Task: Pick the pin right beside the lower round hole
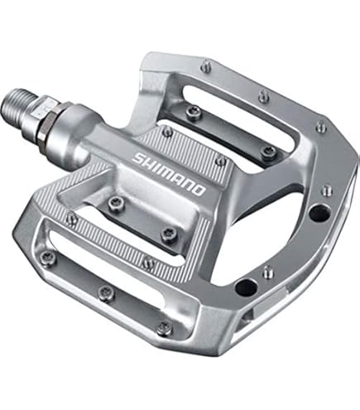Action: tap(267, 271)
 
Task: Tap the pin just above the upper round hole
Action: tap(327, 190)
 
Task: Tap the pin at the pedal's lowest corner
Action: tap(164, 329)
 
